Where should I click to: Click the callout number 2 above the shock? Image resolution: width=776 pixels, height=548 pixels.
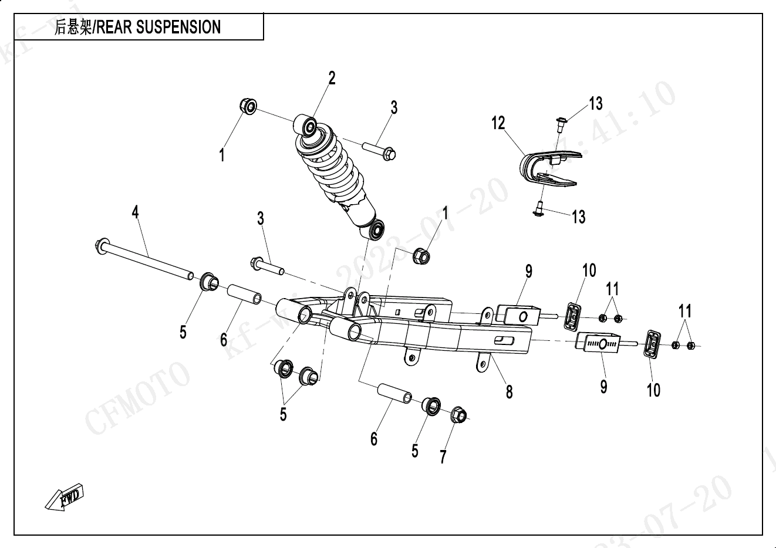click(332, 78)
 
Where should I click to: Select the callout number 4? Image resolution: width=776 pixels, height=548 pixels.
click(136, 212)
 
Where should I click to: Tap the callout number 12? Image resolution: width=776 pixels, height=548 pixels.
click(498, 123)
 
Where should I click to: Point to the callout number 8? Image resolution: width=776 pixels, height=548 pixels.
click(509, 391)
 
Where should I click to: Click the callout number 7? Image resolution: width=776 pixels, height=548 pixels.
click(443, 456)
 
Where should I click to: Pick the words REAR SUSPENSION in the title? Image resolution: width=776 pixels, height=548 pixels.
click(158, 27)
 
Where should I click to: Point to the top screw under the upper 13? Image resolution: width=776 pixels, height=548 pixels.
click(559, 123)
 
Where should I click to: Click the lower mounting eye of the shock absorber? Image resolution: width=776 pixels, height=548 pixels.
click(376, 229)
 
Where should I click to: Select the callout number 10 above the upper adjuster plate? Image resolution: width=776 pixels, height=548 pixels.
click(589, 270)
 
